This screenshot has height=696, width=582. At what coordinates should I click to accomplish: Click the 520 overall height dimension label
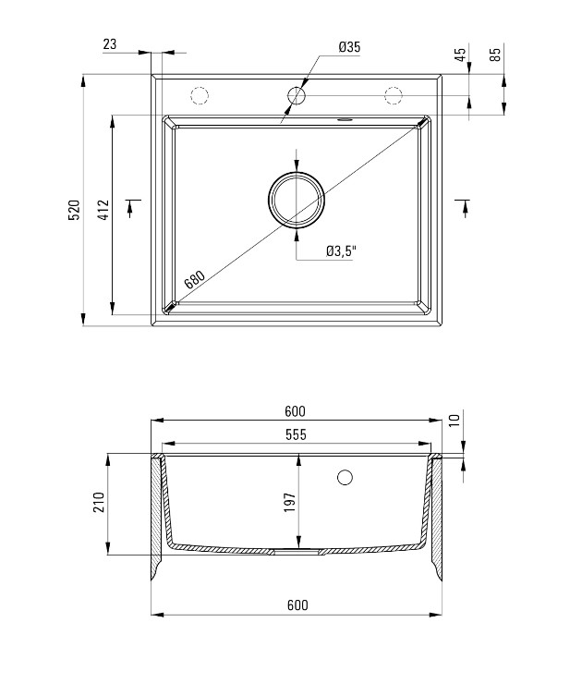point(75,210)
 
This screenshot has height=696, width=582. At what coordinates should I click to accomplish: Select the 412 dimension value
point(103,210)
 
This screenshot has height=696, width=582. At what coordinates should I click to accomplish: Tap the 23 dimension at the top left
point(110,44)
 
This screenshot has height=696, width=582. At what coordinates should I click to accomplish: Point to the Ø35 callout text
point(349,46)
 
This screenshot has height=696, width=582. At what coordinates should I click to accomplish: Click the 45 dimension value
point(461,55)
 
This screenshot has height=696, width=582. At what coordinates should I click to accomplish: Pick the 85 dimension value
point(495,55)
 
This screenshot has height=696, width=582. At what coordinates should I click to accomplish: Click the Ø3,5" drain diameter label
point(342,251)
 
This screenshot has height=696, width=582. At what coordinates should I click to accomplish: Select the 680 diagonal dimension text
point(195,280)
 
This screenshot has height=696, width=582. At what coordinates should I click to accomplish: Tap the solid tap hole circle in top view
point(297,95)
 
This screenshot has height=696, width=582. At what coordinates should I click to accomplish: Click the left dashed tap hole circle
point(200,95)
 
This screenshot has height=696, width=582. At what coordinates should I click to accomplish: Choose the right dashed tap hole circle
point(394,95)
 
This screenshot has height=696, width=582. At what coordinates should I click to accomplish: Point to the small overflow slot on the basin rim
point(345,119)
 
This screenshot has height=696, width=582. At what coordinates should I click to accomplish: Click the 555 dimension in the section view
point(296,434)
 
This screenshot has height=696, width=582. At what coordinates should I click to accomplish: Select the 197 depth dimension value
point(290,503)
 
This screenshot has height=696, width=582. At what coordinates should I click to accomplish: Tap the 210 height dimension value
point(99,503)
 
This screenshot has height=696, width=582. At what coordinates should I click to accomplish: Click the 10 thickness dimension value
point(455,420)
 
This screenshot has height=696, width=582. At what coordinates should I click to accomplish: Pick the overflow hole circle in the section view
point(345,477)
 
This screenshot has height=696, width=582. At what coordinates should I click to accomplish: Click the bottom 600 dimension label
point(297,605)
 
